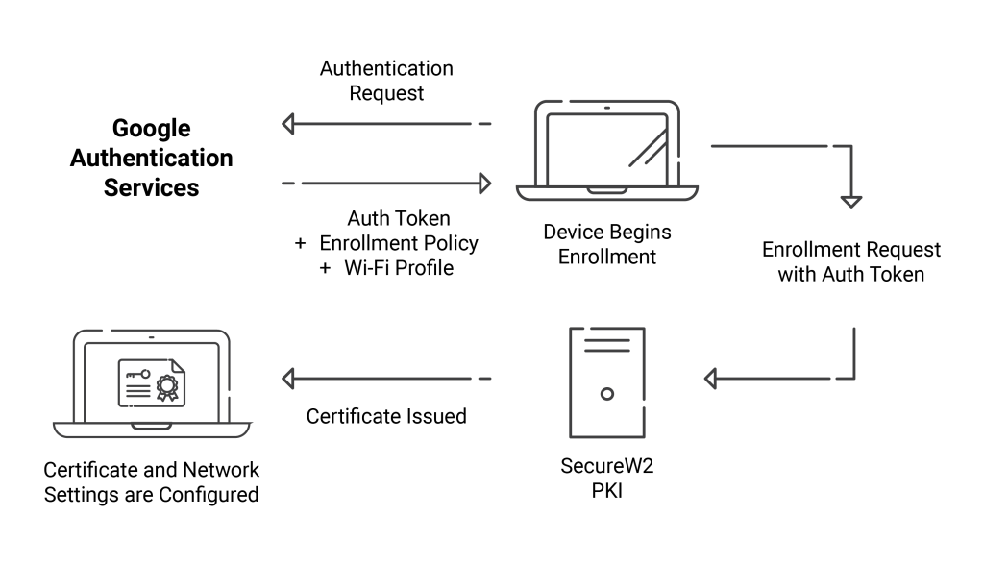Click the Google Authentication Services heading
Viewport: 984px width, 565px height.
[151, 158]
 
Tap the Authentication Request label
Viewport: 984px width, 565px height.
[386, 81]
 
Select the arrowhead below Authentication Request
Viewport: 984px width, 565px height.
[288, 124]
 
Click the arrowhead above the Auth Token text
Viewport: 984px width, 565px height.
[484, 184]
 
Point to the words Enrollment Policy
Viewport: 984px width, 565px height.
[399, 243]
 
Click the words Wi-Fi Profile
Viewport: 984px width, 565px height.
[399, 268]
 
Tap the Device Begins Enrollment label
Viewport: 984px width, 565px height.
[607, 244]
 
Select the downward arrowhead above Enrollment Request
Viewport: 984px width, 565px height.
[851, 202]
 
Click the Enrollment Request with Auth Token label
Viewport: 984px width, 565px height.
[851, 261]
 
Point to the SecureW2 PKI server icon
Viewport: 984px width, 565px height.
[607, 382]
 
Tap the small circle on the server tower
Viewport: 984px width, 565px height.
[607, 394]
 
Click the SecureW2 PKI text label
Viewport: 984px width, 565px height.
[607, 478]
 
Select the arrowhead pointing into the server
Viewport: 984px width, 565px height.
[710, 379]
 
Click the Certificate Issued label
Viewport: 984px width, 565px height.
[386, 416]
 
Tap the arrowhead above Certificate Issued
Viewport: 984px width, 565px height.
[288, 379]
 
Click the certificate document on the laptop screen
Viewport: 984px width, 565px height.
[151, 383]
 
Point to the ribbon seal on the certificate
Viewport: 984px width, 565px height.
[167, 387]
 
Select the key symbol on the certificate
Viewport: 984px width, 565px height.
[137, 374]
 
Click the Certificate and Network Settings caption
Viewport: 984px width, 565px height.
[151, 482]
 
